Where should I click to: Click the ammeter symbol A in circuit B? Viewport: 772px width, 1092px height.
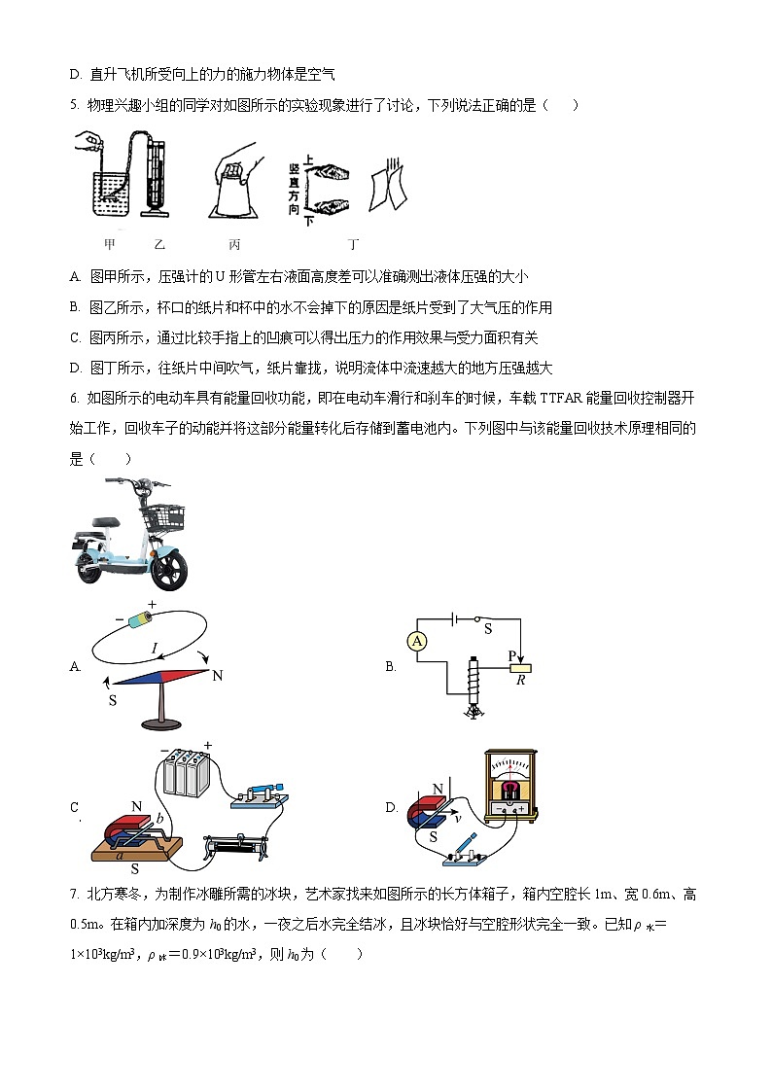(416, 640)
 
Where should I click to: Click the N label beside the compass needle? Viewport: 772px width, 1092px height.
(218, 675)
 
